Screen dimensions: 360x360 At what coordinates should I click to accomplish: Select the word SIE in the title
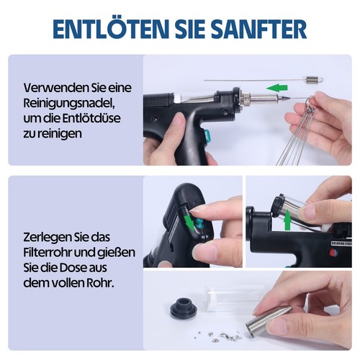point(180,29)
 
